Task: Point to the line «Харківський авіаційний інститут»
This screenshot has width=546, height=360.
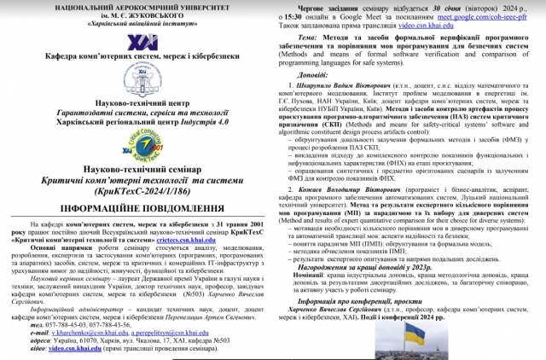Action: coord(137,23)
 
